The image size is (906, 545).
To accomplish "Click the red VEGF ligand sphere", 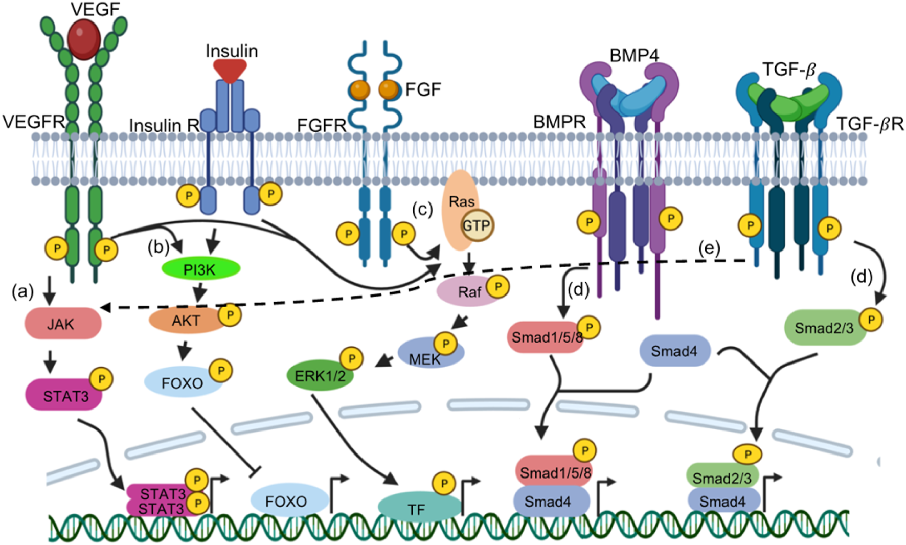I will click(83, 39).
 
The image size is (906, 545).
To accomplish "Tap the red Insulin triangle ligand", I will click(230, 70).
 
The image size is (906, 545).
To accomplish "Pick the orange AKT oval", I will click(185, 321).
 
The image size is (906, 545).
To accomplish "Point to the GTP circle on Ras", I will click(477, 225).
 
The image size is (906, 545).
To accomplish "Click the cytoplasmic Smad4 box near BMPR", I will click(674, 351).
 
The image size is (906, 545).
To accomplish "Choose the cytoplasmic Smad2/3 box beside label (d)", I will click(824, 328).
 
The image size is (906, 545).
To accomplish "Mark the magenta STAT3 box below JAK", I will click(64, 395).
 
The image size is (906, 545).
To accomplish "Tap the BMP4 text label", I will click(633, 55).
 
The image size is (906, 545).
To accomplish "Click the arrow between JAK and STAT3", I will click(50, 361).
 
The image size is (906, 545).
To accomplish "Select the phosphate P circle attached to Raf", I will click(497, 286).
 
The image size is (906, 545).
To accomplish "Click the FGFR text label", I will click(321, 125).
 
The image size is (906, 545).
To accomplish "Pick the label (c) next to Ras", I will click(422, 209).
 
